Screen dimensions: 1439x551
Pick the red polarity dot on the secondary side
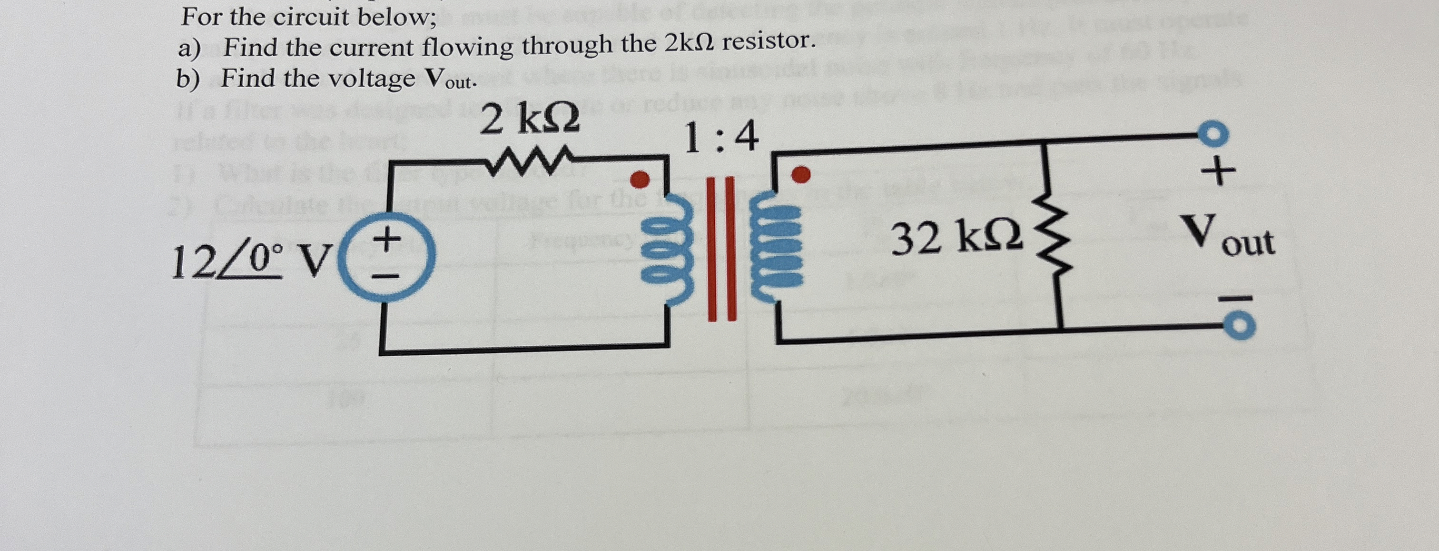pyautogui.click(x=801, y=174)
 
